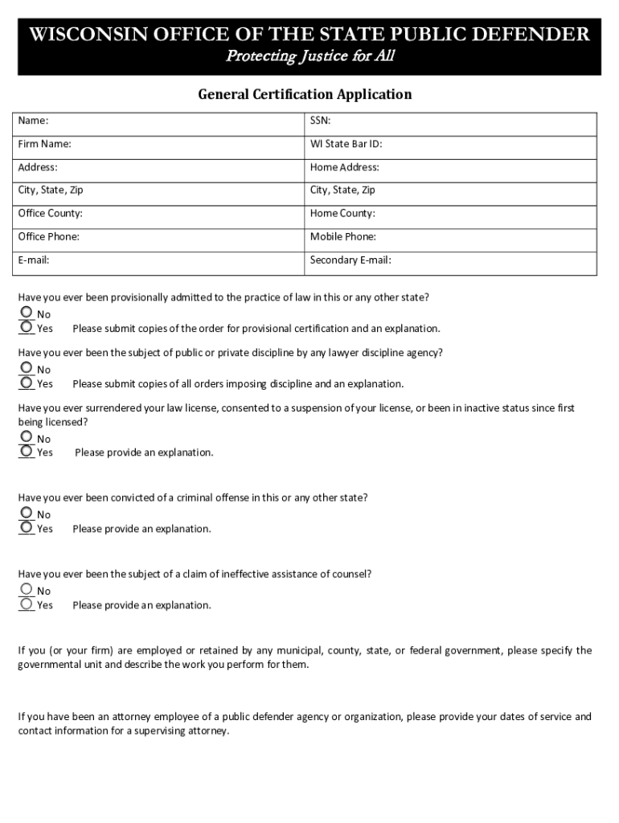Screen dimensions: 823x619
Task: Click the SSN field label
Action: (321, 121)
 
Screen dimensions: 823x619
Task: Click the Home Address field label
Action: (345, 167)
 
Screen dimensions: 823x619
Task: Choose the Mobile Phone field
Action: (482, 237)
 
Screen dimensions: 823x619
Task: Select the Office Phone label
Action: (49, 237)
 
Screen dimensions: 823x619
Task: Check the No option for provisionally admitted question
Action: (27, 313)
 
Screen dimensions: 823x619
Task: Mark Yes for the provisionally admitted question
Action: (27, 327)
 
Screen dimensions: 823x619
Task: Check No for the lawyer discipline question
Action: (27, 368)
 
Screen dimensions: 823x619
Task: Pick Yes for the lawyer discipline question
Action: (27, 383)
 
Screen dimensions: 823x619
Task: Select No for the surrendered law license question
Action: (27, 437)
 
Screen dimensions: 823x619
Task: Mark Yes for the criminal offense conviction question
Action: (27, 527)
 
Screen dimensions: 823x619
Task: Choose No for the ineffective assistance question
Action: (27, 589)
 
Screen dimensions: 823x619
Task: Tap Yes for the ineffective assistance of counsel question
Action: (27, 604)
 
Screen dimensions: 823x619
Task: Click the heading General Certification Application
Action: (305, 95)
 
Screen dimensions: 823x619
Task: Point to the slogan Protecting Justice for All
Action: (309, 56)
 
